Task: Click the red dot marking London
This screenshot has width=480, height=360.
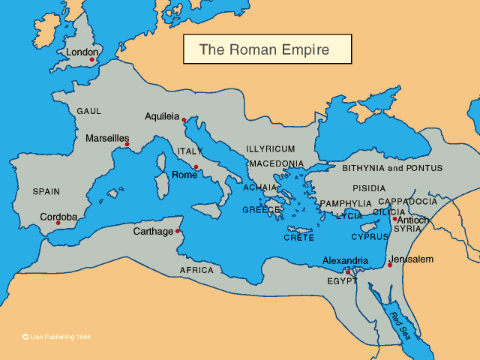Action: pos(92,59)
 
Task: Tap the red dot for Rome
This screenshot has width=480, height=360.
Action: pos(196,167)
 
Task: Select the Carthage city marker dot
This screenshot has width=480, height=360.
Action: pos(178,231)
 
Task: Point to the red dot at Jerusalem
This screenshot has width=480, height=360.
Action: pos(389,265)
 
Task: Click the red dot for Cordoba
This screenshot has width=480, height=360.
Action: pos(58,223)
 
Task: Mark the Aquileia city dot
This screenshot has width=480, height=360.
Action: pos(184,119)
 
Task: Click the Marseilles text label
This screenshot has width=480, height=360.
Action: pos(107,139)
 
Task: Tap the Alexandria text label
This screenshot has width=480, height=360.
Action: pos(345,260)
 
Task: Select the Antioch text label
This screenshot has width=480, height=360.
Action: pos(413,220)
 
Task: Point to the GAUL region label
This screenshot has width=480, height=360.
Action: pos(88,111)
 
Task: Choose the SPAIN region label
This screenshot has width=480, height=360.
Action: pos(46,191)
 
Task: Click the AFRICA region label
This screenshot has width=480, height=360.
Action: pos(196,270)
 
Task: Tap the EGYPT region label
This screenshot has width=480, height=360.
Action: pos(342,280)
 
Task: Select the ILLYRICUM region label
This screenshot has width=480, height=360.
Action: pos(271,149)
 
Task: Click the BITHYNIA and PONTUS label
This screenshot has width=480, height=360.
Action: pos(392,168)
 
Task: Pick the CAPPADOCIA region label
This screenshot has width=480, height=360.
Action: pos(407,202)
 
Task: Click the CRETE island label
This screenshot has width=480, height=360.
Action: pos(298,237)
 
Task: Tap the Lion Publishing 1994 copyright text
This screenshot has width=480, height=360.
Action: pos(57,337)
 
